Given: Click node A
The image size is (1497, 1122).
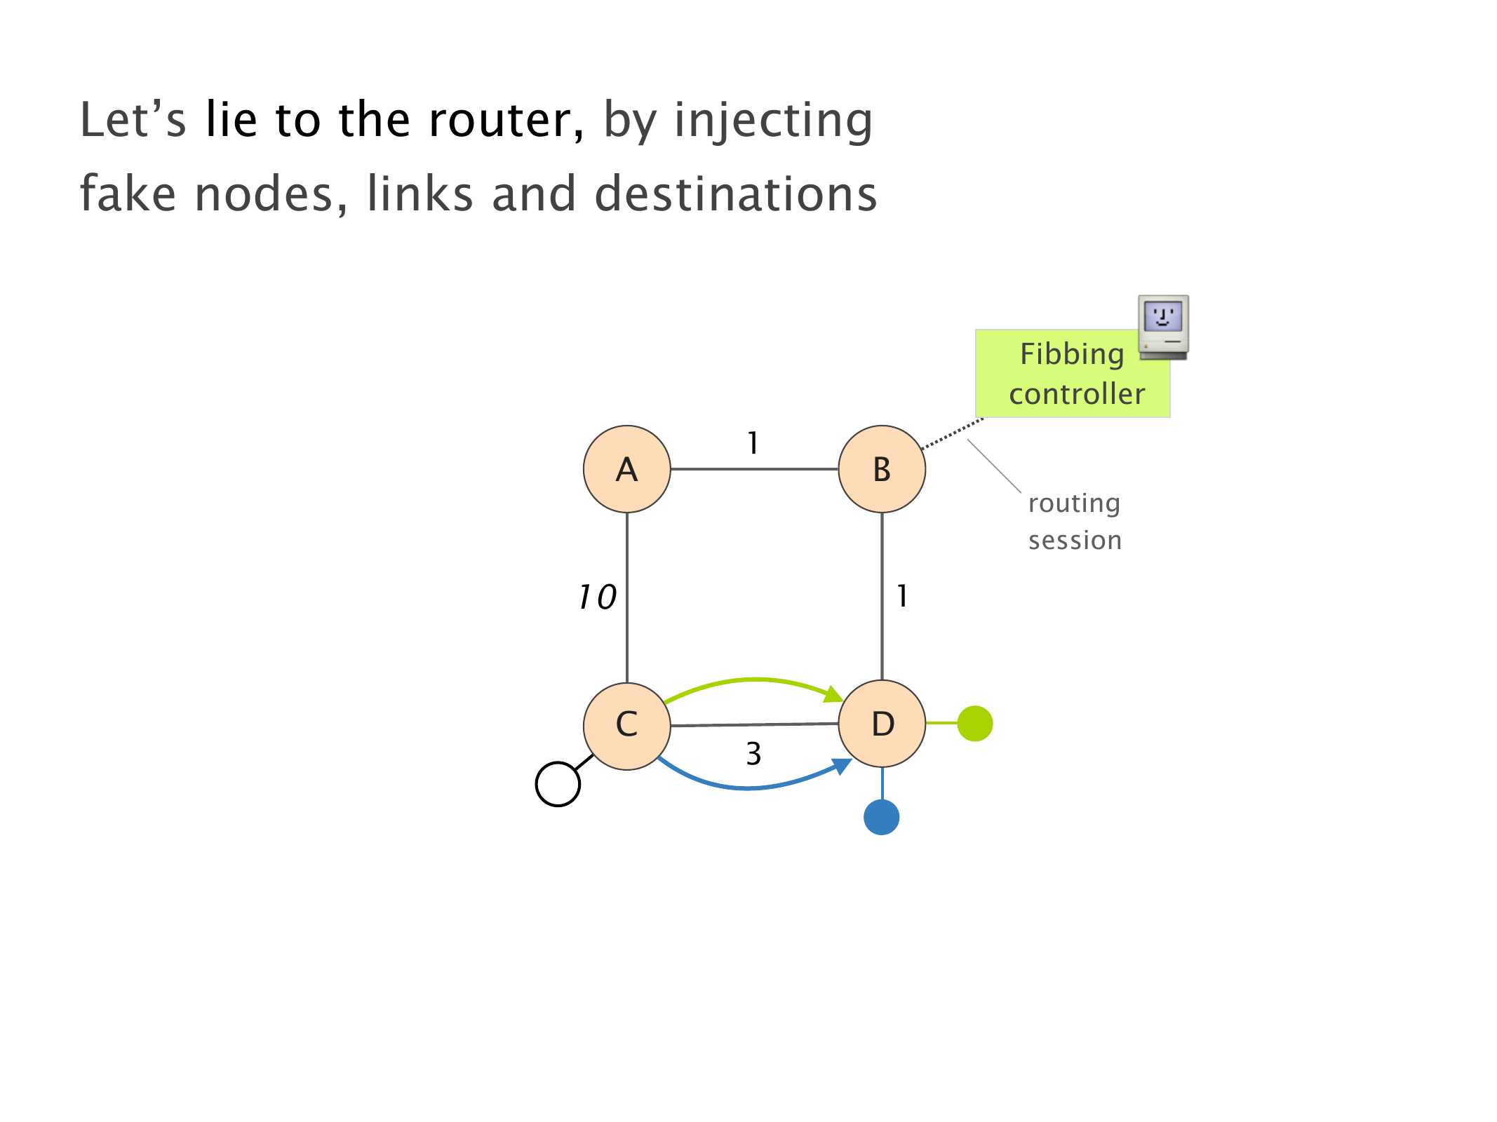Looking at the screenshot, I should tap(626, 469).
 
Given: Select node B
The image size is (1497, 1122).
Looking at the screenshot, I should tap(882, 469).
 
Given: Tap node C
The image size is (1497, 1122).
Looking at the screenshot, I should tap(626, 726).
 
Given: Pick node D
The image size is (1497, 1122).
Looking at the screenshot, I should tap(882, 724).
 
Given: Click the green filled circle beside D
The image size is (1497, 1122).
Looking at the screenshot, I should tap(974, 723).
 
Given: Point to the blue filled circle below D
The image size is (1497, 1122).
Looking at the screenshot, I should tap(881, 817).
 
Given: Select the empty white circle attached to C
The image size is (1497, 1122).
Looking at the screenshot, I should tap(558, 784).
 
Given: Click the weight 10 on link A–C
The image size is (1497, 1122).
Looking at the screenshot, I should tap(597, 597).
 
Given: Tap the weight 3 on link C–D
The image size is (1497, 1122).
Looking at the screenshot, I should tap(753, 754).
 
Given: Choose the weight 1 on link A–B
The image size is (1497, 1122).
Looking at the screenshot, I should tap(753, 443).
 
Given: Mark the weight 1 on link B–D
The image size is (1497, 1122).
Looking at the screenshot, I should tap(902, 596).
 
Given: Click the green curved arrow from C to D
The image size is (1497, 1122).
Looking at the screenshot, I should tap(754, 680).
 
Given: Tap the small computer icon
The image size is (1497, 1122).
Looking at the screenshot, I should tap(1163, 327).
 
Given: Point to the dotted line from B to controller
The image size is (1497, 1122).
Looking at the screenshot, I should tap(953, 433).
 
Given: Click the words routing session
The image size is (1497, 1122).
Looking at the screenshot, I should tap(1074, 522).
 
